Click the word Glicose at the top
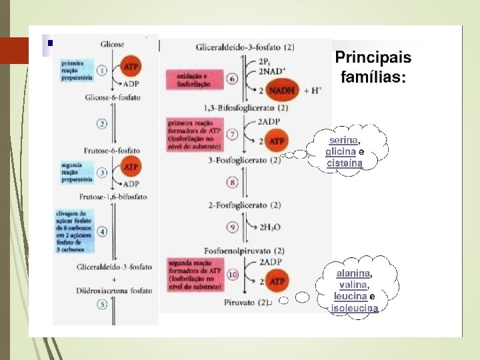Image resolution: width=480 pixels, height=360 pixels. click(x=112, y=44)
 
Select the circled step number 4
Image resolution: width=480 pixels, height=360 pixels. click(x=102, y=232)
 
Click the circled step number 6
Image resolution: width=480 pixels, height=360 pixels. click(x=233, y=79)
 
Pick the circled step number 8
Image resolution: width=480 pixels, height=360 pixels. click(x=233, y=182)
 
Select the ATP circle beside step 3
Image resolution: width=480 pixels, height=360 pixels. click(x=131, y=167)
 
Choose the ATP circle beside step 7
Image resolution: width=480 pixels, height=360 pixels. click(x=275, y=141)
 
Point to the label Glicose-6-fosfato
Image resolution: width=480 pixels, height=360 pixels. click(x=112, y=97)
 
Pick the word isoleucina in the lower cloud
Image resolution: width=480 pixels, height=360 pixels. click(x=355, y=308)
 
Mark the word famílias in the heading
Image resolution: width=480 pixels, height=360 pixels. click(x=372, y=77)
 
